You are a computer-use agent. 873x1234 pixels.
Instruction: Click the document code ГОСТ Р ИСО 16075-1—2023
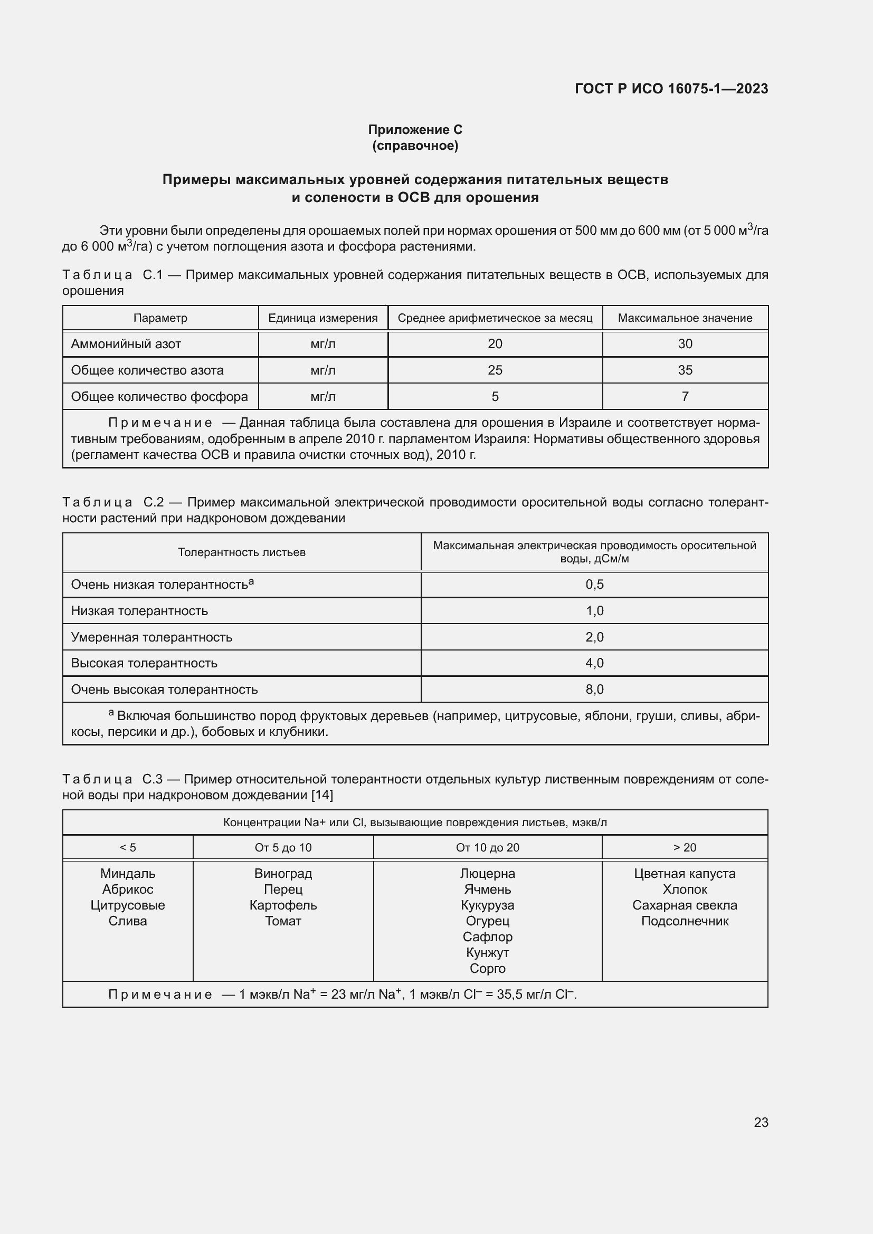click(x=671, y=89)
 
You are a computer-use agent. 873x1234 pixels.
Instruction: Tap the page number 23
click(x=761, y=1122)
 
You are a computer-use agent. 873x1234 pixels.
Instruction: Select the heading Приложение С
click(x=415, y=130)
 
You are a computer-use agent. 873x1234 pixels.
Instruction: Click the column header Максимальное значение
click(x=685, y=318)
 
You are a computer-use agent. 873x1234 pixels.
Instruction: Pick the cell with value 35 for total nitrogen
click(x=685, y=370)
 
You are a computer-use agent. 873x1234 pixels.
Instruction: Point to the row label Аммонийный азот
click(x=126, y=344)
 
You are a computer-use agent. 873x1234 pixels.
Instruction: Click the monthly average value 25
click(x=495, y=370)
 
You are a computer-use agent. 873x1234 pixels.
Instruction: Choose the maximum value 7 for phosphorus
click(x=685, y=397)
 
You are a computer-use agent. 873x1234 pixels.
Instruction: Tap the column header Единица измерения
click(x=322, y=318)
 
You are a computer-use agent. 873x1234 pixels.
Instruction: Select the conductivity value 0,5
click(x=594, y=584)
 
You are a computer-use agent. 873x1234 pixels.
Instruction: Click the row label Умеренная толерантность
click(x=151, y=637)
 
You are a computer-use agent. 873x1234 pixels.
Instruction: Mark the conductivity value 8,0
click(x=594, y=689)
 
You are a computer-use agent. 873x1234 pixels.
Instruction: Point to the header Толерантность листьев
click(x=241, y=552)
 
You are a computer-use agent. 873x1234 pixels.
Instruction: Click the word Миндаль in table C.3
click(x=128, y=873)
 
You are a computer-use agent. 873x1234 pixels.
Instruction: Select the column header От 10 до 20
click(x=487, y=848)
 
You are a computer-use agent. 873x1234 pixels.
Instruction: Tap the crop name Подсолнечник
click(x=685, y=921)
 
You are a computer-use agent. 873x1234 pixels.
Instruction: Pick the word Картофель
click(x=283, y=905)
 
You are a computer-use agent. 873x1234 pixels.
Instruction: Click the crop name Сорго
click(x=487, y=968)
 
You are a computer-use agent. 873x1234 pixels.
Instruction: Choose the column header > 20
click(x=685, y=848)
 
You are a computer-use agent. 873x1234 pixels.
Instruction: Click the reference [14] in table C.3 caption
click(x=322, y=795)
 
